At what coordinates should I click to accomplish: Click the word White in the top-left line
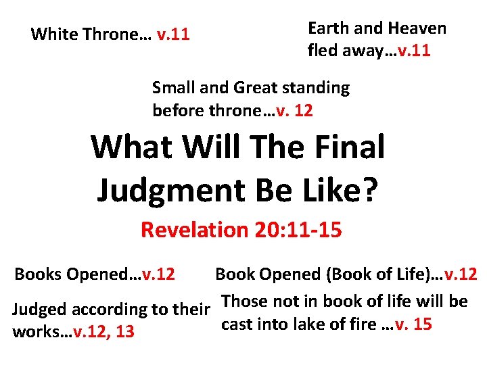coord(50,34)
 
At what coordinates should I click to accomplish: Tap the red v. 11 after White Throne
coord(172,34)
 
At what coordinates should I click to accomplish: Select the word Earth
coord(327,28)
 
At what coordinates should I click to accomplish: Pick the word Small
coord(172,88)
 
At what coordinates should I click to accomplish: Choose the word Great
coord(256,88)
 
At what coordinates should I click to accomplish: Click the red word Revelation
coord(195,230)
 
